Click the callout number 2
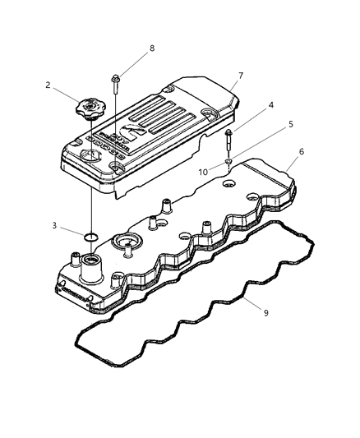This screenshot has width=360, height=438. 48,85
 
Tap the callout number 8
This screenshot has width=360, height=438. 151,48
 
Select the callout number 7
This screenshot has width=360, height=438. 241,76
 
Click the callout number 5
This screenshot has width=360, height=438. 289,124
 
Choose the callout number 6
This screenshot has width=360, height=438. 302,151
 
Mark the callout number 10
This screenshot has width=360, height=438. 201,173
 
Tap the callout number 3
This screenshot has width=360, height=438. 55,224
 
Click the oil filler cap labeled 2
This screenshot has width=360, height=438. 85,108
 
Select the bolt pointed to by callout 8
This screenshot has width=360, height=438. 116,81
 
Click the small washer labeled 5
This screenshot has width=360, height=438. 228,161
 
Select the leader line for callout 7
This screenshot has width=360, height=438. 230,84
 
